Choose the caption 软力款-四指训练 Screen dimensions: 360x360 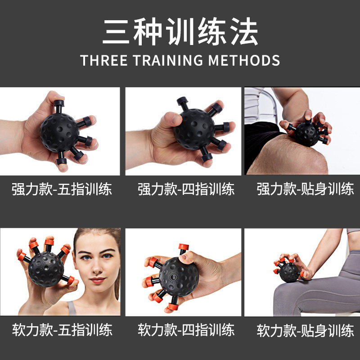(x=186, y=331)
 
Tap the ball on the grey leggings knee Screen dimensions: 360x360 (x=288, y=272)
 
